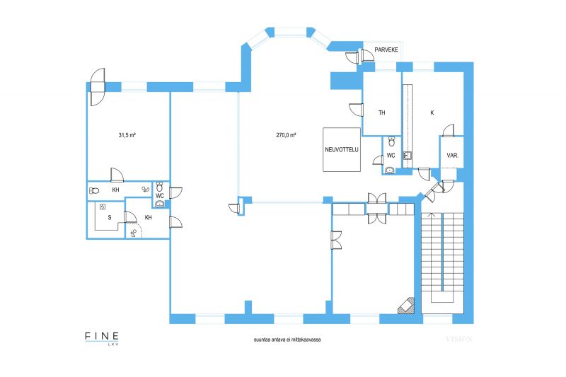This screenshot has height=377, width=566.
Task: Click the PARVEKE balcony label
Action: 386,50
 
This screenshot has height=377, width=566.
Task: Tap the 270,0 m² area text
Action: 287,135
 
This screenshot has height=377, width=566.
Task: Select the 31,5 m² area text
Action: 127,135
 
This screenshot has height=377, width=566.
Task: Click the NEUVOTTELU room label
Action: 342,149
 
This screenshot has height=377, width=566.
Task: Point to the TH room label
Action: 382,113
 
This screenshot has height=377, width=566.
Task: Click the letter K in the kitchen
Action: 432,113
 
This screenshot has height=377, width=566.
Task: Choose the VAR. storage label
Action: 452,156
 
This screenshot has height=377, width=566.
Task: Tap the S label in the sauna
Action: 110,218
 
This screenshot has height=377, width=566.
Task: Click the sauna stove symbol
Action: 103,207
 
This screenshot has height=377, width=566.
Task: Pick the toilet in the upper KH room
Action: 94,190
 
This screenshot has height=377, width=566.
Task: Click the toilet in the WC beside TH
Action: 392,141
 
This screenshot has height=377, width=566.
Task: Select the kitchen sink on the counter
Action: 408,156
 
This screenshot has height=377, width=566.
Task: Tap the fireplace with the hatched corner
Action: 406,306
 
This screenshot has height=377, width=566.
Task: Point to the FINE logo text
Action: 102,336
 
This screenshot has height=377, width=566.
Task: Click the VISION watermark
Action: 458,339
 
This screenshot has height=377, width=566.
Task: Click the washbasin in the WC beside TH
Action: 390,170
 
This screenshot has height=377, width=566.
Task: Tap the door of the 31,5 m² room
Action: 117,175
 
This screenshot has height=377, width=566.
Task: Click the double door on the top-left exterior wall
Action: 97,87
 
